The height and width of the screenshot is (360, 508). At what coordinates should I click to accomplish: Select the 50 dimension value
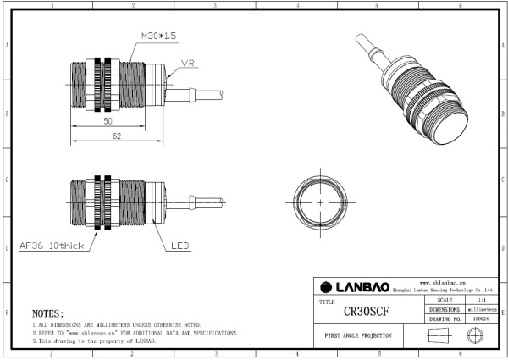pos(108,122)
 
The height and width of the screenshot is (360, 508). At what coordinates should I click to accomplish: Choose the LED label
pos(179,247)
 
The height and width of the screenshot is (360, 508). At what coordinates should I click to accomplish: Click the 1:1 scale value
pos(481,300)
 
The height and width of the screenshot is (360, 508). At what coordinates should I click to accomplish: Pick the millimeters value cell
pos(481,310)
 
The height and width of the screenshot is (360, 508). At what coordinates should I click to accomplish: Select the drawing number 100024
pos(481,319)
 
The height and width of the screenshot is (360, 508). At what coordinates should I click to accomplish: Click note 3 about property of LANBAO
pos(93,341)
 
